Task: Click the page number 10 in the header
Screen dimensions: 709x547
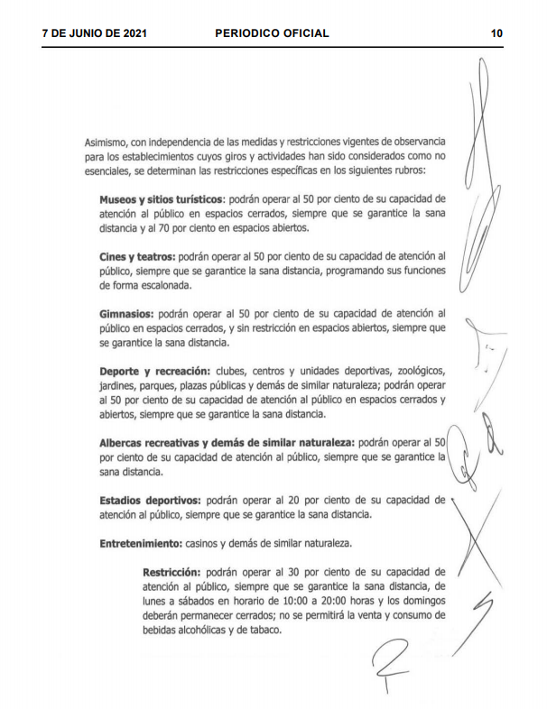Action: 496,33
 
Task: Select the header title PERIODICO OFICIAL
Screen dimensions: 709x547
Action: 272,33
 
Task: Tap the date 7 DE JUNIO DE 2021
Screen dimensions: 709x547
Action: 94,33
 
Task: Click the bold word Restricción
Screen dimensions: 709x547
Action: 172,572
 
